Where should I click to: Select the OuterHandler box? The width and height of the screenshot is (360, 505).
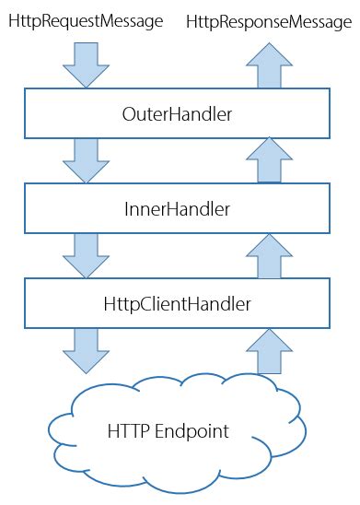[176, 113]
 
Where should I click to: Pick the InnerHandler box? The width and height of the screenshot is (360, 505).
[176, 209]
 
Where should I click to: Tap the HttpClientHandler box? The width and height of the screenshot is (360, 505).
[176, 303]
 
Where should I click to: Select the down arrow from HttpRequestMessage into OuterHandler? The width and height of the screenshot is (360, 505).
[84, 64]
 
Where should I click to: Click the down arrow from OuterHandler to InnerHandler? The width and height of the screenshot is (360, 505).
[84, 159]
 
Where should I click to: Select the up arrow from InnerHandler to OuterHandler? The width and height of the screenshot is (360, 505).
[269, 159]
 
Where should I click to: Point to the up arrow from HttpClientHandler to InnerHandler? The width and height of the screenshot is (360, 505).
[269, 255]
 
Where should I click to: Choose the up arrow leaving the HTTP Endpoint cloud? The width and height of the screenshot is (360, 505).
[269, 352]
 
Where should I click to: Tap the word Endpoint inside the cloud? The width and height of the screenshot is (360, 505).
[198, 431]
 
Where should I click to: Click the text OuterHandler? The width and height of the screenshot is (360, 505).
[176, 113]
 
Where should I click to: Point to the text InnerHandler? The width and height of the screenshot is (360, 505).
[176, 209]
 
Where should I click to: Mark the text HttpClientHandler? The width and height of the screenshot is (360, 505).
[176, 303]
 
